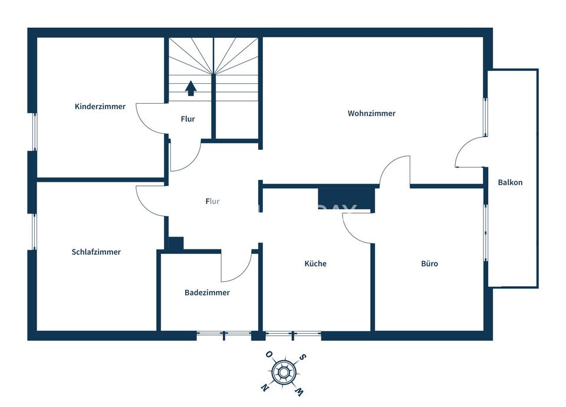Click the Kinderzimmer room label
(x=100, y=107)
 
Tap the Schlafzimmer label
(x=96, y=252)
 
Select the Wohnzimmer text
(x=371, y=113)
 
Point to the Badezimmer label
(x=207, y=293)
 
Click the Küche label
(x=315, y=264)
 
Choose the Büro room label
(x=429, y=264)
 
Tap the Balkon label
(x=510, y=182)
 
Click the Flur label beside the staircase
(x=187, y=119)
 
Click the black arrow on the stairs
(x=190, y=88)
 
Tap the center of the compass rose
(x=284, y=371)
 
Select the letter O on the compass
(x=269, y=355)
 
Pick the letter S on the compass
(x=302, y=357)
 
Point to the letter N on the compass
(x=265, y=388)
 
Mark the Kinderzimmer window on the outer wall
(x=35, y=132)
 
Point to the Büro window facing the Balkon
(x=485, y=232)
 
